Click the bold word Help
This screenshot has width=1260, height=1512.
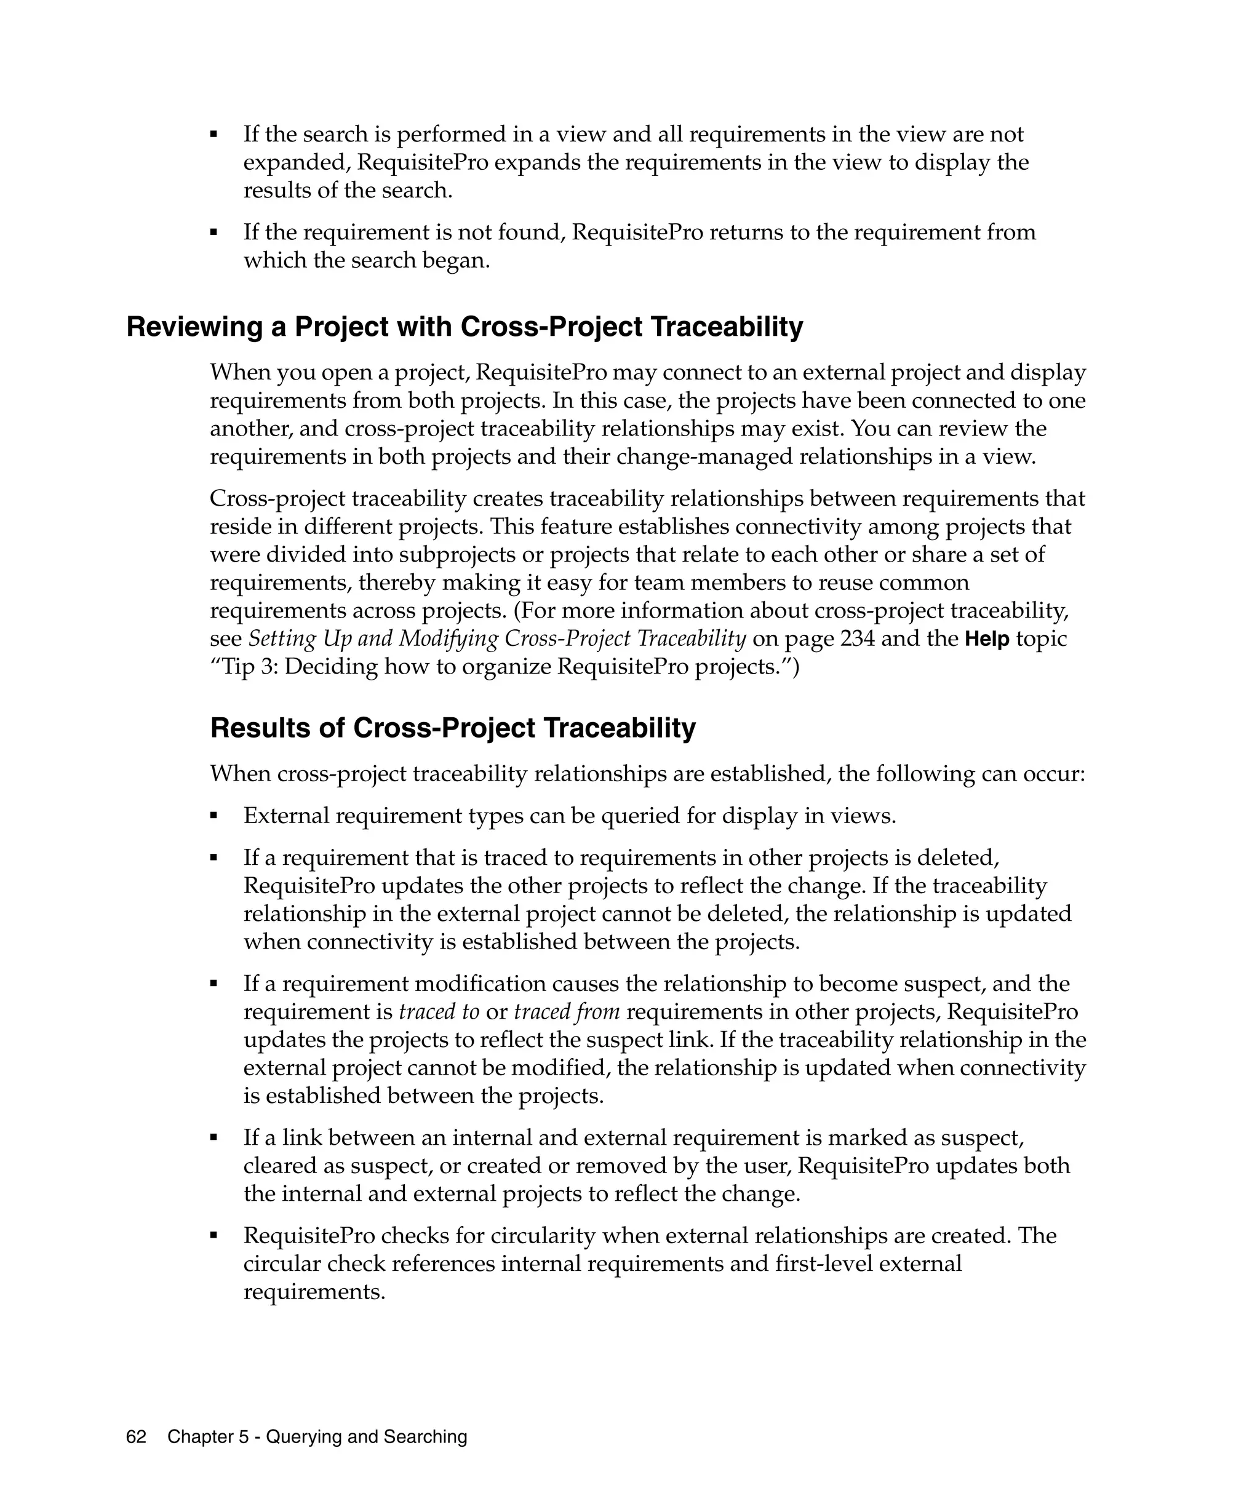click(x=986, y=639)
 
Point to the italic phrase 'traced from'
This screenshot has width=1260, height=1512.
click(x=567, y=1012)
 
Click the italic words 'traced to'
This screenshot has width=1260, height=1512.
click(x=439, y=1012)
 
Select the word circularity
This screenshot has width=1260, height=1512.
click(x=543, y=1236)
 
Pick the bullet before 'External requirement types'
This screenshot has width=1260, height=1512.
click(x=214, y=816)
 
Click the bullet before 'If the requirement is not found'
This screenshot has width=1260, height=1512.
click(x=214, y=233)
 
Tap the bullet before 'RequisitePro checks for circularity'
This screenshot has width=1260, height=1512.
click(x=214, y=1236)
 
